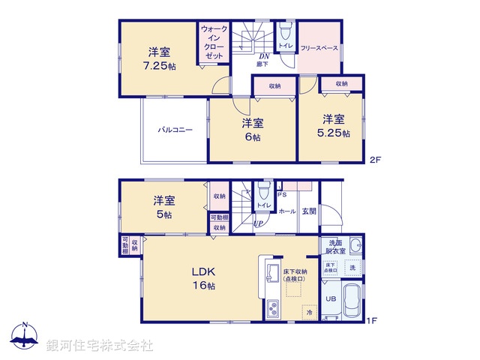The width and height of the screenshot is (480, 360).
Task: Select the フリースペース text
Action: pos(319,47)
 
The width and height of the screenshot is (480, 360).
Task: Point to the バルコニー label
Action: pos(175,130)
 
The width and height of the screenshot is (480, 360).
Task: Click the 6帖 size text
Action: pos(252,137)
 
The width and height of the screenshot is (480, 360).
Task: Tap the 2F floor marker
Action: pos(375,160)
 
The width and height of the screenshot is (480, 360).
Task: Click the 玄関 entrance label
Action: pos(309,211)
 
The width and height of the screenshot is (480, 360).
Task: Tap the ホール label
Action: pos(286,211)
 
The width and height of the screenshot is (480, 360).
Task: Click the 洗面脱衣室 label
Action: pos(334,248)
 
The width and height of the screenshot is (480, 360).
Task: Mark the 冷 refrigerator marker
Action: pos(308,311)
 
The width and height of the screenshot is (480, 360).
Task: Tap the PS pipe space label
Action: pos(281,194)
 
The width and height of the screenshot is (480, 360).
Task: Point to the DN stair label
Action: pos(264,56)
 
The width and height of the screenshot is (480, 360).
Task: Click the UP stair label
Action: pos(257,223)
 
